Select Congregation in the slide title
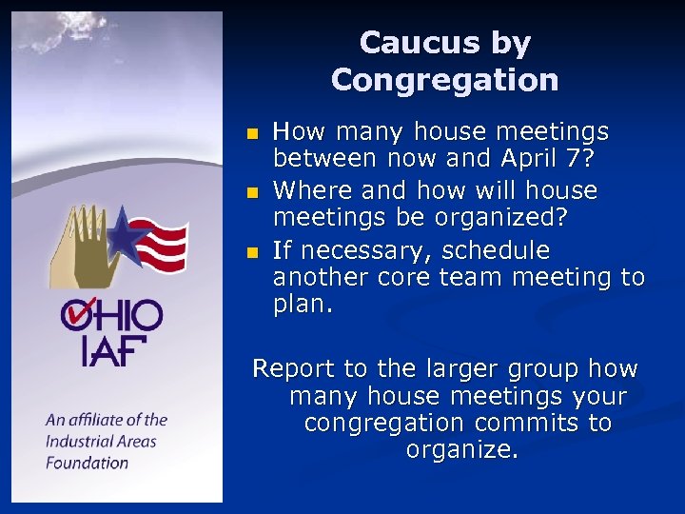click(444, 79)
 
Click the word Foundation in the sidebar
click(87, 463)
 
